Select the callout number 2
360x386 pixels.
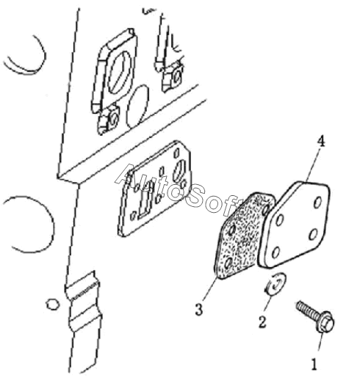click(x=262, y=321)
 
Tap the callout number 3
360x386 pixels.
click(x=199, y=310)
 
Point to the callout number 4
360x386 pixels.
click(x=320, y=142)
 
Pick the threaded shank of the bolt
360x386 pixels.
click(x=306, y=310)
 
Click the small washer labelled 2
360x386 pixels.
click(x=276, y=283)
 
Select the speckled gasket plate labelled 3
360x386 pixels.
click(x=243, y=236)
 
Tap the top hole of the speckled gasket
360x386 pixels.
click(x=265, y=209)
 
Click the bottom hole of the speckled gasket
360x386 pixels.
click(x=228, y=263)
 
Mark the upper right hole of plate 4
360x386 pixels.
click(x=317, y=203)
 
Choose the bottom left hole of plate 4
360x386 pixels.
click(x=276, y=252)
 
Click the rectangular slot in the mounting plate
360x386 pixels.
click(x=146, y=201)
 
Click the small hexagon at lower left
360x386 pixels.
click(x=53, y=305)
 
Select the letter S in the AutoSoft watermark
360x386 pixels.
click(x=195, y=198)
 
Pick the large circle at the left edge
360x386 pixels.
click(x=52, y=223)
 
